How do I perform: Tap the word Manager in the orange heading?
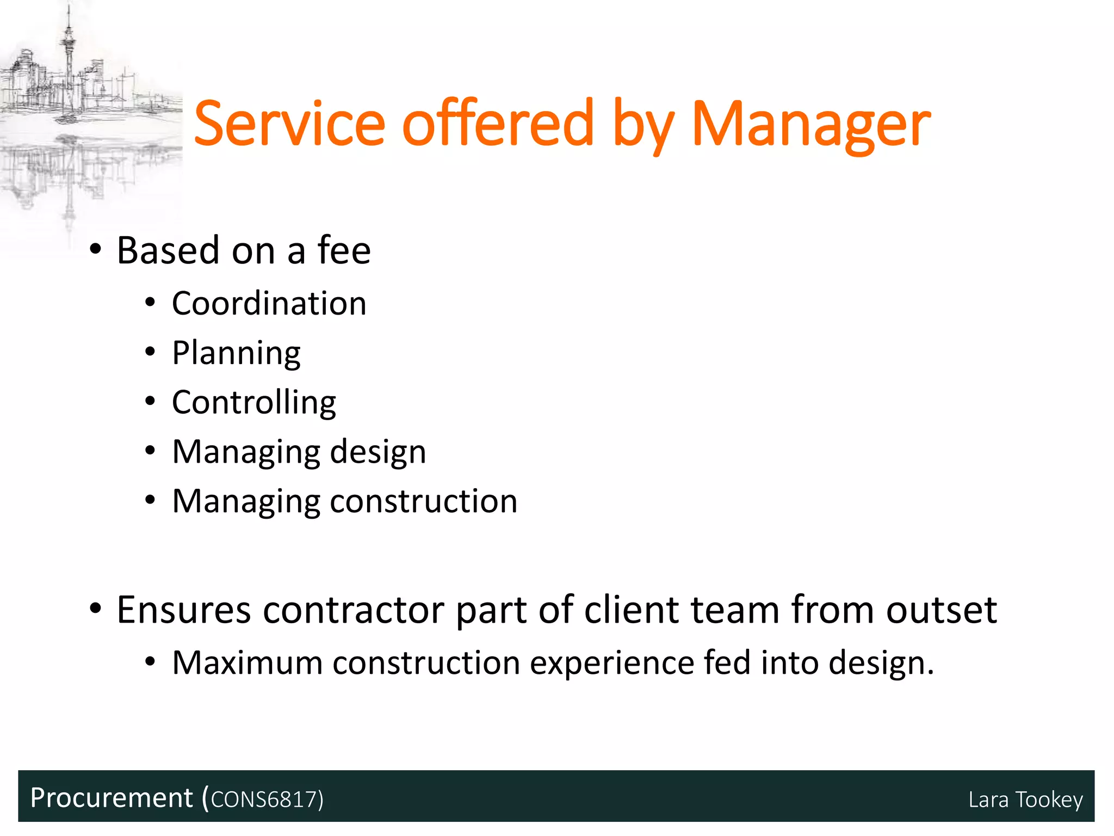coord(810,125)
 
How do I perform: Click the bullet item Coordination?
coord(269,303)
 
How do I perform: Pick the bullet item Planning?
coord(236,353)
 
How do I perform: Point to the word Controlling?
coord(254,403)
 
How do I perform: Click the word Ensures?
coord(184,610)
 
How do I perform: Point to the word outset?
coord(942,610)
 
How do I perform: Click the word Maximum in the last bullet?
coord(247,663)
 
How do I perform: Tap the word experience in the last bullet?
coord(611,663)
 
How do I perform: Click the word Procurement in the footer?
coord(112,798)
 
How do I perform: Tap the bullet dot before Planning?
coord(151,352)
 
